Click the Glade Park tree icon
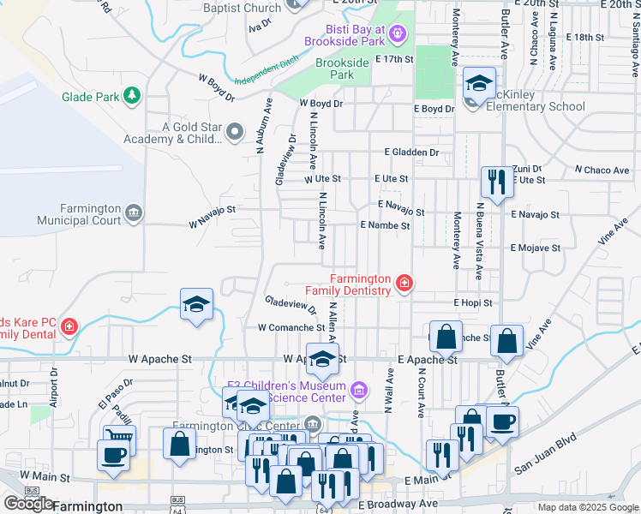pyautogui.click(x=132, y=95)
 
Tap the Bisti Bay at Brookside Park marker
pyautogui.click(x=397, y=34)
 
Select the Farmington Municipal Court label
pyautogui.click(x=80, y=214)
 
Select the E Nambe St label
pyautogui.click(x=385, y=224)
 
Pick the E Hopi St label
pyautogui.click(x=473, y=302)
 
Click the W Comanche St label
pyautogui.click(x=291, y=327)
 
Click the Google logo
pyautogui.click(x=28, y=504)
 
